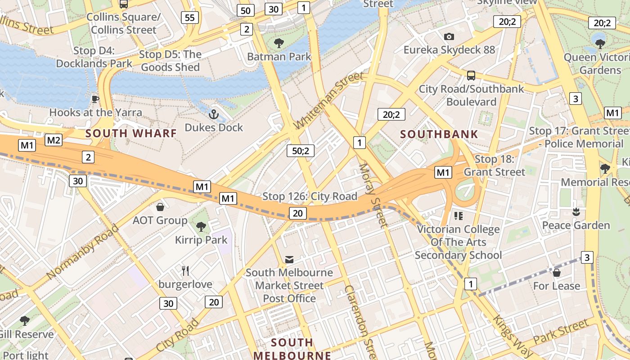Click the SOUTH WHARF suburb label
131,133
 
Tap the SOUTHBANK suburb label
439,134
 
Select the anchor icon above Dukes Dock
214,114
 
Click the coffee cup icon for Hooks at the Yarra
95,99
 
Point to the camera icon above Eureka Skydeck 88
449,37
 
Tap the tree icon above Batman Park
279,43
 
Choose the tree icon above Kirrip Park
201,226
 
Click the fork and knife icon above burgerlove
185,270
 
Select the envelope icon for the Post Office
289,260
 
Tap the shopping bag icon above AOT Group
160,207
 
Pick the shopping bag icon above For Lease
557,272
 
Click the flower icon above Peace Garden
576,211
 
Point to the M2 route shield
54,140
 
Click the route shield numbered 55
190,18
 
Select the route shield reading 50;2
300,151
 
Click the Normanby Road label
82,252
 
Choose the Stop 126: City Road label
310,196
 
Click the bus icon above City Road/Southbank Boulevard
471,75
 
